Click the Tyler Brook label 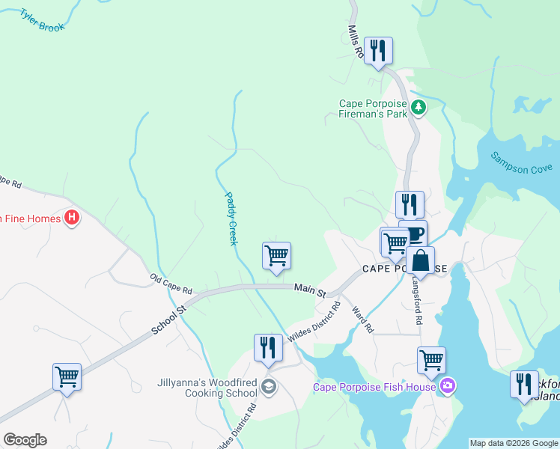(x=43, y=19)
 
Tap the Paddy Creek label (x=231, y=219)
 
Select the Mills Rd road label (x=355, y=42)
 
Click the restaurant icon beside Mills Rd (x=378, y=51)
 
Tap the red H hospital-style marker (x=72, y=219)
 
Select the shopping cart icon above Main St (x=276, y=256)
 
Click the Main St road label (x=310, y=288)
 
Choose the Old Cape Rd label (x=171, y=284)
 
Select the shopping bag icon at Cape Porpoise (x=421, y=260)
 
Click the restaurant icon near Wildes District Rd (x=268, y=347)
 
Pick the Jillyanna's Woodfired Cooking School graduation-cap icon (x=269, y=386)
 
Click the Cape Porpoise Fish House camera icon (x=448, y=386)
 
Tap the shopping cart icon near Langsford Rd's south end (x=431, y=360)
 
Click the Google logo (x=25, y=440)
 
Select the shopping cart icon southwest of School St (x=67, y=376)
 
